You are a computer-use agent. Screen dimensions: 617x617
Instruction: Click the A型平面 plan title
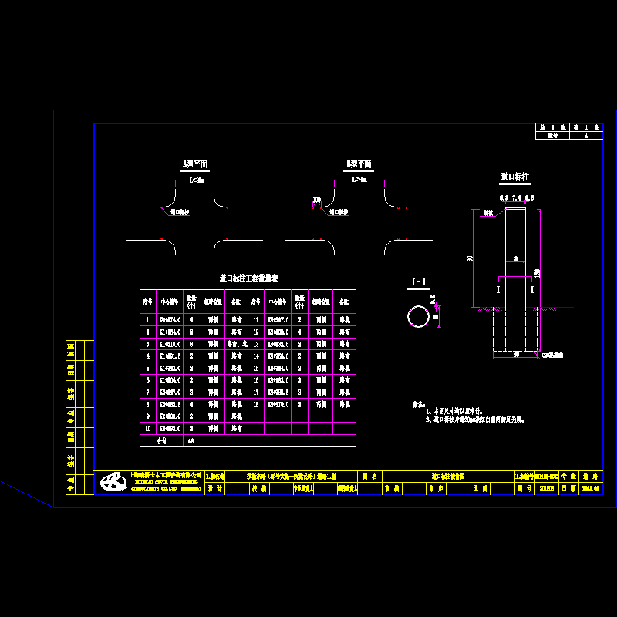[x=194, y=164]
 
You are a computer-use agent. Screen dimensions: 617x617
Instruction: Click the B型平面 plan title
[x=359, y=164]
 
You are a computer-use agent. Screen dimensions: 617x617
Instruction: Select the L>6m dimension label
[x=359, y=180]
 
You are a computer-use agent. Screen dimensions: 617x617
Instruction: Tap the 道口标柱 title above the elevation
[x=514, y=177]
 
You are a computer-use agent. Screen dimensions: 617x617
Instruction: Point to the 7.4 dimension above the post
[x=515, y=198]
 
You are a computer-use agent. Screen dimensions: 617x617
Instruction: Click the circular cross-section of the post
[x=418, y=316]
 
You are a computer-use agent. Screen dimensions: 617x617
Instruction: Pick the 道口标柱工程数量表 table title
[x=248, y=278]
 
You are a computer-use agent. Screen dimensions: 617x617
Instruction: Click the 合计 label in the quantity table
[x=161, y=441]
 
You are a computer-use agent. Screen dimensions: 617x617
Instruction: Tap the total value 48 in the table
[x=191, y=441]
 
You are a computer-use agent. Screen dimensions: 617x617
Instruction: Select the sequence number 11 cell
[x=255, y=319]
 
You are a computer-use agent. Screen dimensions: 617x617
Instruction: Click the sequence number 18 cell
[x=255, y=404]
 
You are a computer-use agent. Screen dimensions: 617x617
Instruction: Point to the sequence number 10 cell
[x=147, y=429]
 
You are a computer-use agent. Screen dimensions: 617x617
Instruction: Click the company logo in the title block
[x=115, y=483]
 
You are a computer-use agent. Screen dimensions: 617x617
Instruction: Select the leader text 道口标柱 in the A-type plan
[x=180, y=211]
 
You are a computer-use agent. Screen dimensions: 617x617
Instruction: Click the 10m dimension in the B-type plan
[x=316, y=201]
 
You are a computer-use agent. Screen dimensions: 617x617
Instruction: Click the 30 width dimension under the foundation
[x=515, y=355]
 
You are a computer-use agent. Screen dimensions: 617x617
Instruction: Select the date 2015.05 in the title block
[x=589, y=488]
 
